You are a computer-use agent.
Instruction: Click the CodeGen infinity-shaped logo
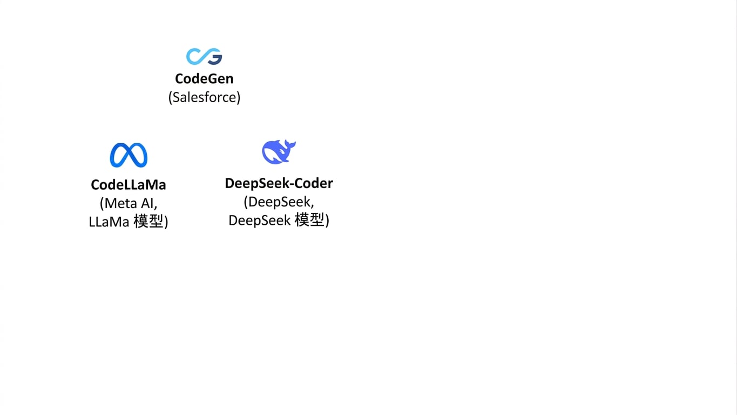[x=204, y=56]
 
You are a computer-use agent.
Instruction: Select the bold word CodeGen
[x=204, y=79]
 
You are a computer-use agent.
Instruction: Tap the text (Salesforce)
[x=204, y=97]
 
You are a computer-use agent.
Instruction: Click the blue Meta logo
[x=129, y=155]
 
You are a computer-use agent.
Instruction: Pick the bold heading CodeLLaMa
[x=129, y=185]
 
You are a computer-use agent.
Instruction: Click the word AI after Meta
[x=148, y=203]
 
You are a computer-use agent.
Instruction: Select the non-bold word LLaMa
[x=109, y=222]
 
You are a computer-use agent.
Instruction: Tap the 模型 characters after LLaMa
[x=148, y=222]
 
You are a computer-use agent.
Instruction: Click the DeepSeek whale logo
[x=279, y=151]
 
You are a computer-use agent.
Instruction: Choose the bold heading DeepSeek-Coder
[x=279, y=184]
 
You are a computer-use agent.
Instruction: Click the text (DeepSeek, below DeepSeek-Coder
[x=279, y=202]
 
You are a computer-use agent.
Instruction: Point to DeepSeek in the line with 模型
[x=260, y=220]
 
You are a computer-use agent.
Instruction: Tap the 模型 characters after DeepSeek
[x=309, y=220]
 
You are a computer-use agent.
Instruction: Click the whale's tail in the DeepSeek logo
[x=289, y=145]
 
